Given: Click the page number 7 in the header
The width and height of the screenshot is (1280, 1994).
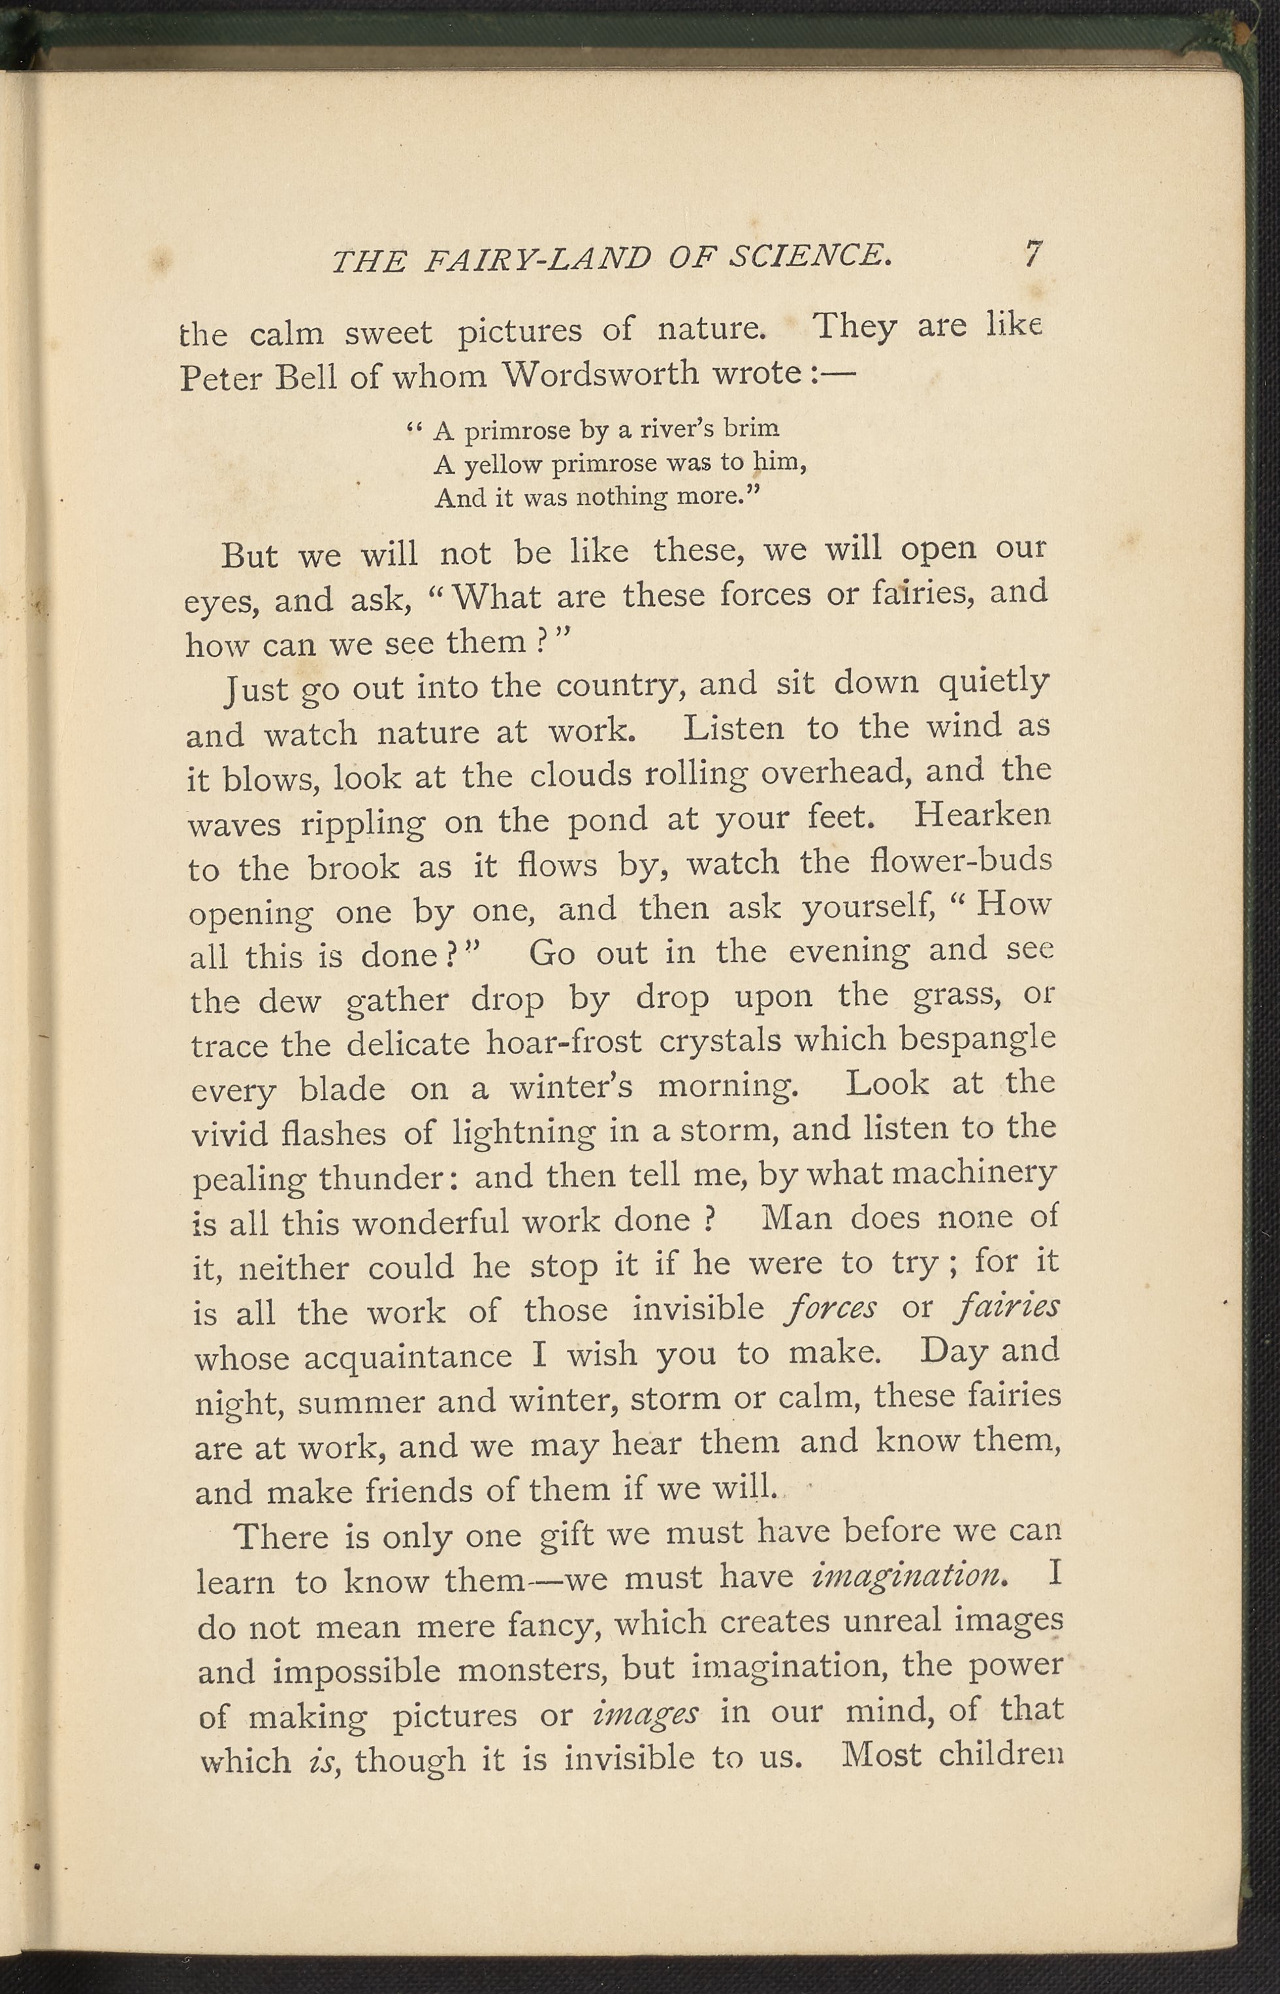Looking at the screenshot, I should click(x=1032, y=253).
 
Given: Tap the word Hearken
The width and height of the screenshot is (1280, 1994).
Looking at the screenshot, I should click(x=982, y=814).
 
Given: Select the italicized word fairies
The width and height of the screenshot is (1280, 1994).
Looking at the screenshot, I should click(x=1008, y=1308).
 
